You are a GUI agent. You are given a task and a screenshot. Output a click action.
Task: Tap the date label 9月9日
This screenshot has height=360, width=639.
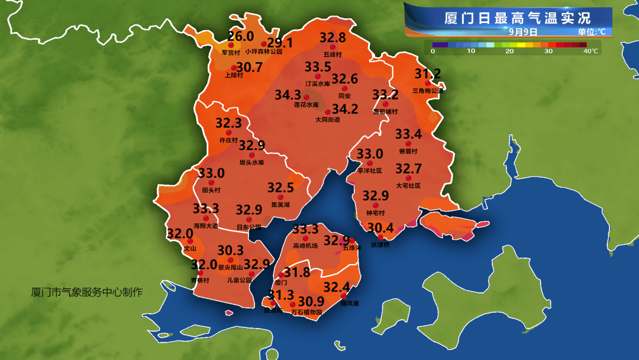[x=524, y=31]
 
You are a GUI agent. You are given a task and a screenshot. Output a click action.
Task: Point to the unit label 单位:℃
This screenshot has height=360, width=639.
[x=591, y=31]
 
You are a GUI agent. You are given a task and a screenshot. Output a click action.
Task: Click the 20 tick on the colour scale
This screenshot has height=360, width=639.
[x=509, y=52]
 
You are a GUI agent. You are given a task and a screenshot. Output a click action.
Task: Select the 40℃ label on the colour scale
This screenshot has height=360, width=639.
[x=590, y=52]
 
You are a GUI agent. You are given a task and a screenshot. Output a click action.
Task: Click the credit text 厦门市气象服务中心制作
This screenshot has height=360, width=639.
[x=87, y=292]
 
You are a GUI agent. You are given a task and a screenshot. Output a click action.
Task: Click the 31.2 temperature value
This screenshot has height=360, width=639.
[x=427, y=74]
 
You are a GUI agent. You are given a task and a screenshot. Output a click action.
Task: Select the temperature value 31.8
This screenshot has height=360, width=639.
[x=296, y=272]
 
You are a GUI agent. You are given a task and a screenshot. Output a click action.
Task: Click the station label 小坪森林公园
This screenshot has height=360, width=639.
[x=264, y=52]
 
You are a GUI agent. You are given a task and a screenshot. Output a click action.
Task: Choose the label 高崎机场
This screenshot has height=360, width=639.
[x=305, y=245]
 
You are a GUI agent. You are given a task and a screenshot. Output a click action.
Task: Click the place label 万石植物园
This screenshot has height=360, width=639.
[x=307, y=312]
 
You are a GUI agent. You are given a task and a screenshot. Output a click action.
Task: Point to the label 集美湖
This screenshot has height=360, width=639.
[x=280, y=205]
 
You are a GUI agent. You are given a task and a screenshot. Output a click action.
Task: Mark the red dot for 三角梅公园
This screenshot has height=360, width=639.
[x=427, y=83]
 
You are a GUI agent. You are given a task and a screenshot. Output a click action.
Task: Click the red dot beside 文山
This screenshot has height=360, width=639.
[x=190, y=242]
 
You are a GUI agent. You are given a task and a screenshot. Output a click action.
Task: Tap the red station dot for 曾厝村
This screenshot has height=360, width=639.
[x=408, y=144]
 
